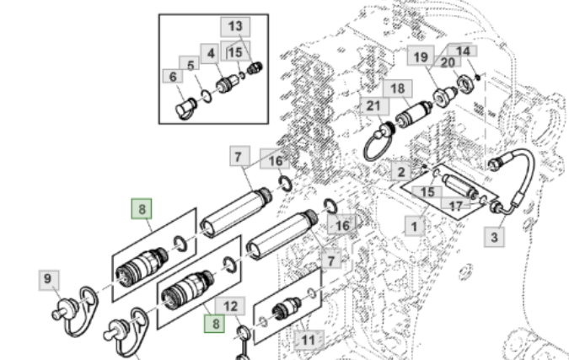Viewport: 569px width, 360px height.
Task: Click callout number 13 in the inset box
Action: pos(234,26)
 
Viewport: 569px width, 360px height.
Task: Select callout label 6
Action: pos(174,77)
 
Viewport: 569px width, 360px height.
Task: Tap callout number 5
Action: pos(191,65)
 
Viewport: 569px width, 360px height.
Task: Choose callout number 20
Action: pos(448,62)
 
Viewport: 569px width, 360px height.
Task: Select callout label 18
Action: pos(397,89)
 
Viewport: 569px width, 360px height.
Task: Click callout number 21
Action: pos(373,106)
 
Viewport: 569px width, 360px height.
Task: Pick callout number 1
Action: pos(415,226)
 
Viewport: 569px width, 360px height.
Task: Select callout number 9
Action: pos(48,278)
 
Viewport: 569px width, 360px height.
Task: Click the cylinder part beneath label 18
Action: pos(412,113)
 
